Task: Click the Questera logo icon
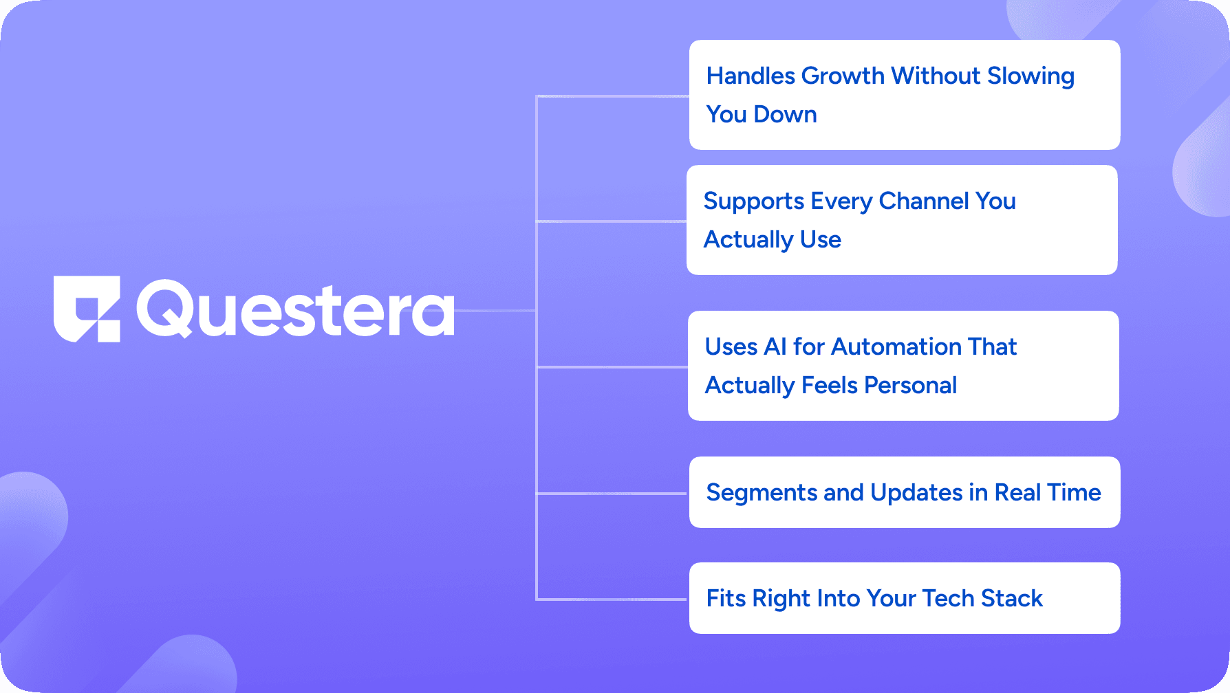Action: tap(87, 309)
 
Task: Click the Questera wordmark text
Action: tap(296, 309)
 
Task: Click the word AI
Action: tap(775, 346)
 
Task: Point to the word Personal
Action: tap(910, 385)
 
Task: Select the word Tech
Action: tap(949, 598)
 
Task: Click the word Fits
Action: tap(726, 598)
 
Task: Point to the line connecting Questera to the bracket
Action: tap(495, 311)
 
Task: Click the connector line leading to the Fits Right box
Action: tap(612, 599)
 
